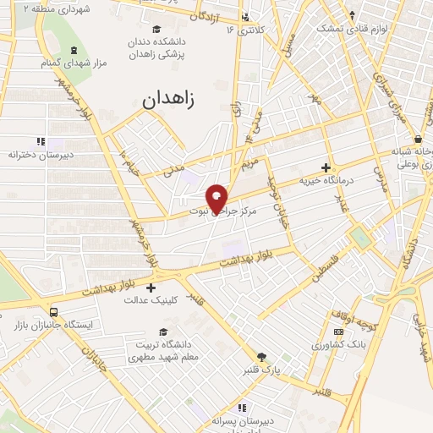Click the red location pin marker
pos(216,196)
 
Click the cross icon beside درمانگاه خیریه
pos(326,167)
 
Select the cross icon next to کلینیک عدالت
pos(151,288)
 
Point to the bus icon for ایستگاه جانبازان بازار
pos(55,311)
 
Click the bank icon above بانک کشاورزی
pos(337,332)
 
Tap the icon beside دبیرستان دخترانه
pos(40,142)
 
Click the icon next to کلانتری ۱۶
pos(245,17)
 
